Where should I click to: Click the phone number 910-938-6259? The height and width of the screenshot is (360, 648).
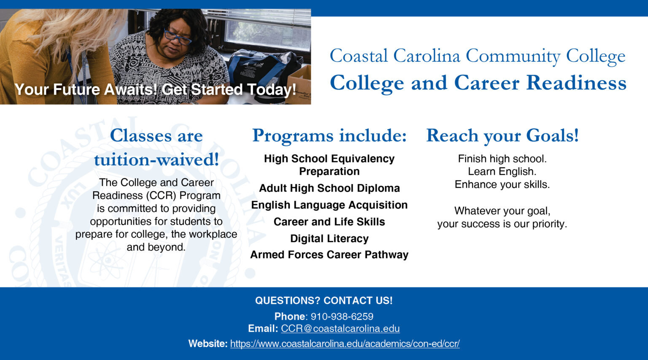(342, 317)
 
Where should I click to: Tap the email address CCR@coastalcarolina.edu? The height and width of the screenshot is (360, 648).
(340, 329)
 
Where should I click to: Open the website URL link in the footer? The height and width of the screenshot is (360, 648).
(345, 344)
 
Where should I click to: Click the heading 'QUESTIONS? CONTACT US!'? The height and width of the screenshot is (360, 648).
(324, 300)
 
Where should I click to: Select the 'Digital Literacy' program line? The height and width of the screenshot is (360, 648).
(329, 239)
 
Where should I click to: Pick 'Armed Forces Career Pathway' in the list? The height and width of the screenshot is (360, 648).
(329, 255)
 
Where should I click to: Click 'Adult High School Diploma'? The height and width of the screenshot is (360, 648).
(329, 188)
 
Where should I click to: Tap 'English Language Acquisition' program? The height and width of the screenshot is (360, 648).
(329, 205)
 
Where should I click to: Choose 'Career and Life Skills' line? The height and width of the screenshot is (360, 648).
(329, 222)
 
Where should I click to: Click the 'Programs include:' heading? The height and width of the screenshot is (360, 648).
(329, 136)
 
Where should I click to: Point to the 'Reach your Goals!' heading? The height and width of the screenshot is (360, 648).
(502, 136)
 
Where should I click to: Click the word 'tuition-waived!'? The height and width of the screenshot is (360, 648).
(156, 160)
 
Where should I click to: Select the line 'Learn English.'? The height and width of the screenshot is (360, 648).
(502, 172)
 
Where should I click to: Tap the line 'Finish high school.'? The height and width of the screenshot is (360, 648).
(502, 159)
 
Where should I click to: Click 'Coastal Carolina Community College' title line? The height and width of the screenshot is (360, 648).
(477, 56)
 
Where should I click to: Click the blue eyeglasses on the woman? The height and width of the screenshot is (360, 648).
(177, 38)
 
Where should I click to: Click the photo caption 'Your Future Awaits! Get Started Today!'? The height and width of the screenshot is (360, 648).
(155, 90)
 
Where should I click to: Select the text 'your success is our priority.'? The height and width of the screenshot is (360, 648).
(502, 224)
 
